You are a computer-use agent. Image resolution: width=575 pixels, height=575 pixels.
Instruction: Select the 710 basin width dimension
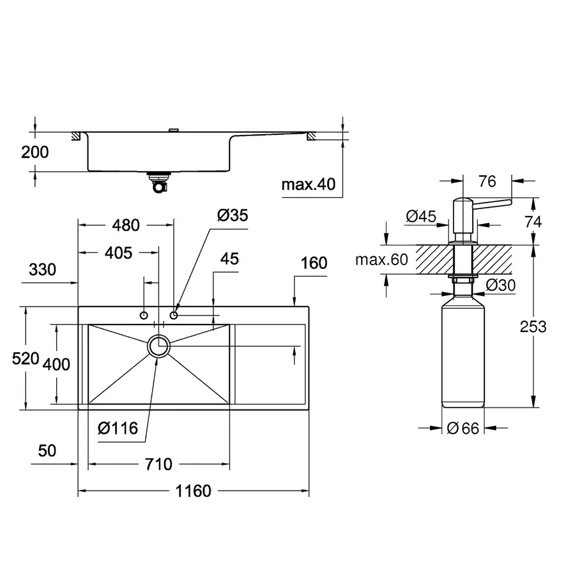coord(158,464)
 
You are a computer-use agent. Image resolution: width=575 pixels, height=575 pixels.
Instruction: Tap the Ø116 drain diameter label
coord(118,428)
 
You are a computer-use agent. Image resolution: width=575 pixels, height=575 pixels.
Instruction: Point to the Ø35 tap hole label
coord(232,215)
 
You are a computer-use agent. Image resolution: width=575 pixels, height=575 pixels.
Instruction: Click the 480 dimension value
coord(125,225)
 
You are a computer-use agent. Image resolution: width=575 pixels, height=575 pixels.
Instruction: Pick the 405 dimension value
coord(118,253)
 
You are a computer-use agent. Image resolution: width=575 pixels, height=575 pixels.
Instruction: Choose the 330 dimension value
coord(42,270)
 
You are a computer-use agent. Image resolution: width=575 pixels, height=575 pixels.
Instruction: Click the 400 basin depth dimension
coord(56,365)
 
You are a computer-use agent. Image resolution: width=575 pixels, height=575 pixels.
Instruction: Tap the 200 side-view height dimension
coord(34,152)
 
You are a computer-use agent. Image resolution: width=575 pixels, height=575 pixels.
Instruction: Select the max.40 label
coord(308,185)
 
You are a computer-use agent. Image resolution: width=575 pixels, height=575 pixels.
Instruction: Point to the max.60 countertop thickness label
coord(381,260)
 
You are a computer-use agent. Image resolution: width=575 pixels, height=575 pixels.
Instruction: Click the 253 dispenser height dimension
coord(533,326)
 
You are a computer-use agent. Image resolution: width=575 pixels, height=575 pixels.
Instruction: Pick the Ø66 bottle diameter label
coord(463,429)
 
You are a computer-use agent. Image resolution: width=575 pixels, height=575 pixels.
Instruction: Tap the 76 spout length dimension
coord(487,181)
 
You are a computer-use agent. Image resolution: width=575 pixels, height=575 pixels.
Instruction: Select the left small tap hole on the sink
coord(144,315)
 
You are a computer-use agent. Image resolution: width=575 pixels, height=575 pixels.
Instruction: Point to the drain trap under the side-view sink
coord(158,183)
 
